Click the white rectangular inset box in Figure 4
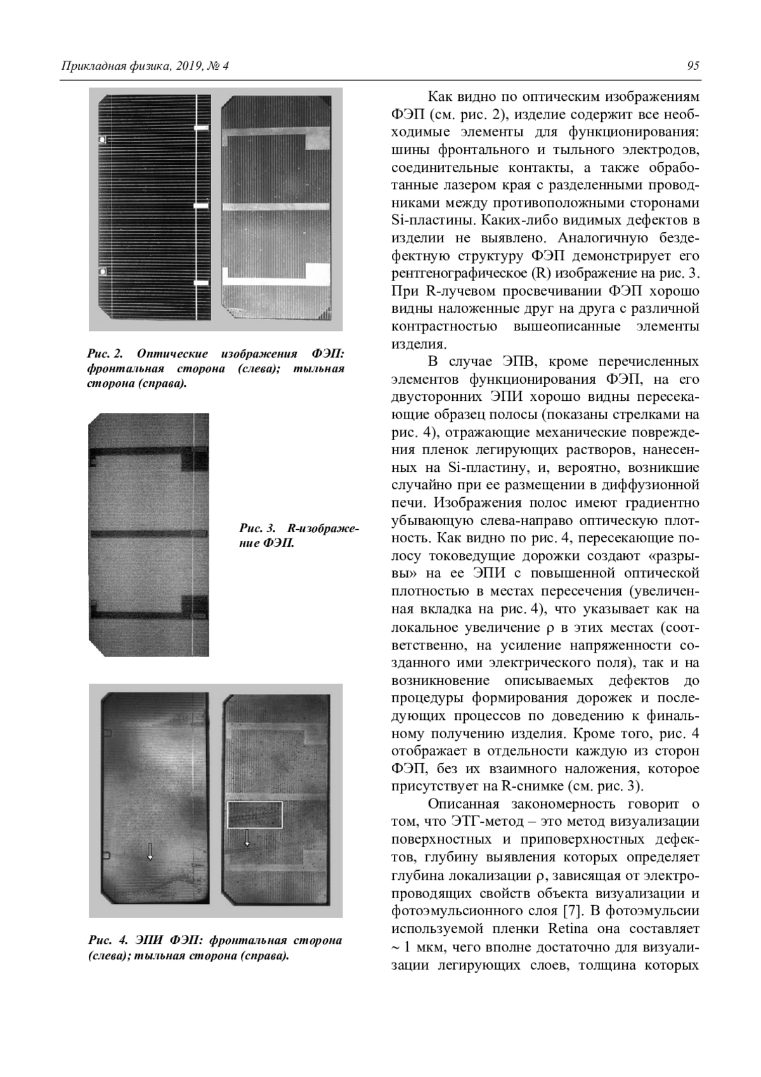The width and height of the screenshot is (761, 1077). [x=254, y=815]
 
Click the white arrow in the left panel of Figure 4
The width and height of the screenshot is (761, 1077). [x=150, y=851]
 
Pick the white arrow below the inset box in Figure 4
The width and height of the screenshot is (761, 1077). [x=247, y=839]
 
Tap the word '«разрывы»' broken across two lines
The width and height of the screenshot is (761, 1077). [x=673, y=556]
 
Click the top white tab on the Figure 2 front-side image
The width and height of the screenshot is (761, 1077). [x=200, y=129]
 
